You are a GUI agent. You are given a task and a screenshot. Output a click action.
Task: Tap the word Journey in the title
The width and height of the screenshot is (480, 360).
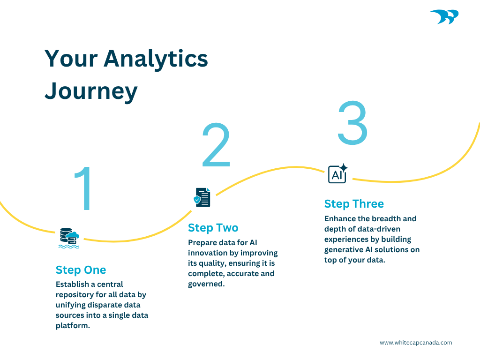pos(91,91)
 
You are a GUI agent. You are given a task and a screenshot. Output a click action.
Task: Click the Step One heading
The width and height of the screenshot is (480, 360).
pos(81,270)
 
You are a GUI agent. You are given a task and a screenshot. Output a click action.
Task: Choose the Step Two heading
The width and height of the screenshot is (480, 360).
pos(213,228)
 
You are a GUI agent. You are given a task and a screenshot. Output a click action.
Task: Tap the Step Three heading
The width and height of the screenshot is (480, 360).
pos(354,204)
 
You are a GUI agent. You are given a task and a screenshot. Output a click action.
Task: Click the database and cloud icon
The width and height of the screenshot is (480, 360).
pos(69,238)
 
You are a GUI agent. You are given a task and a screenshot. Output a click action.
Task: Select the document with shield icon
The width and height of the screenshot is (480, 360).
pos(202,197)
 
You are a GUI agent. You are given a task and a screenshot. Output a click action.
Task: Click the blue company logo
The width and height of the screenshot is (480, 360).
pos(444,17)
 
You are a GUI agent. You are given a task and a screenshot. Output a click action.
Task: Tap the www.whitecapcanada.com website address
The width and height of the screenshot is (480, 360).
pos(416,343)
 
